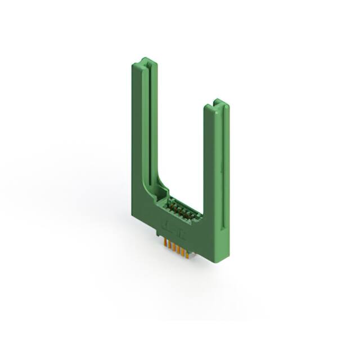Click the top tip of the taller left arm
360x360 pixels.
144,59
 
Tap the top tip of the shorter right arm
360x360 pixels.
220,103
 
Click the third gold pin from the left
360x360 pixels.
173,246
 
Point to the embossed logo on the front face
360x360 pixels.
171,226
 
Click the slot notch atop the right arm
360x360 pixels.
219,105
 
